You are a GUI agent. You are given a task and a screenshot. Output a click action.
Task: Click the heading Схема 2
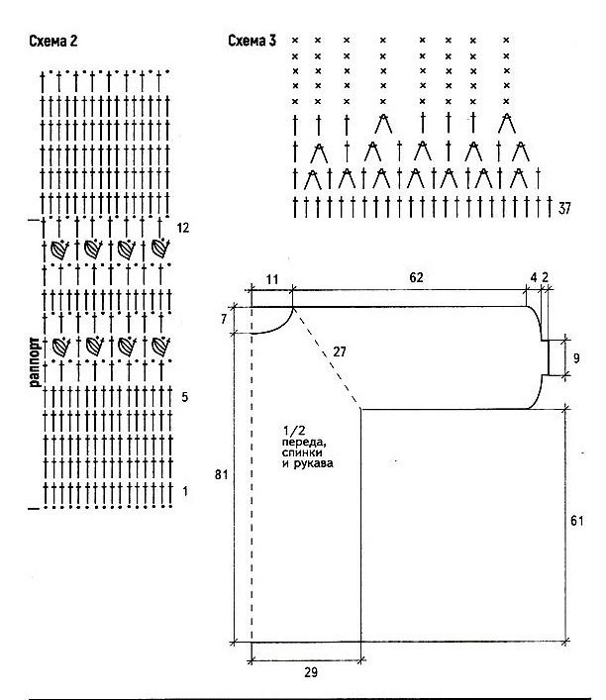pyautogui.click(x=53, y=41)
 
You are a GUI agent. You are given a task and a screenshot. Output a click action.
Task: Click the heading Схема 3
pyautogui.click(x=252, y=41)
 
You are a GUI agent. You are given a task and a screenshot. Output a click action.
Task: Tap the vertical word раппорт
pyautogui.click(x=35, y=361)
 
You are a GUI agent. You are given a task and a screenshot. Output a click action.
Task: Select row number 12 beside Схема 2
pyautogui.click(x=183, y=228)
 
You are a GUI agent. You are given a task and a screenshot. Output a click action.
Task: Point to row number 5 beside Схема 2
pyautogui.click(x=185, y=397)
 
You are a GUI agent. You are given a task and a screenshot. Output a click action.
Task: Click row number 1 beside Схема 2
pyautogui.click(x=185, y=491)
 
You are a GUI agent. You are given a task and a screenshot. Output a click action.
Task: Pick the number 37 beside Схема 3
pyautogui.click(x=564, y=209)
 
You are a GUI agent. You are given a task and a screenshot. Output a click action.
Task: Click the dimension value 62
pyautogui.click(x=416, y=277)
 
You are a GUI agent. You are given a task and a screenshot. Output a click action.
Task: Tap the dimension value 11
pyautogui.click(x=272, y=280)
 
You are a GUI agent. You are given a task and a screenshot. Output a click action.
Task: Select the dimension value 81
pyautogui.click(x=222, y=474)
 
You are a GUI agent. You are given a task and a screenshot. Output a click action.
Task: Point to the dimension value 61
pyautogui.click(x=577, y=521)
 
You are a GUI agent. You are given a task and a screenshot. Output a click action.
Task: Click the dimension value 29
pyautogui.click(x=311, y=672)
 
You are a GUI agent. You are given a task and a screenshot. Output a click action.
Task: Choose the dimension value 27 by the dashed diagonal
pyautogui.click(x=340, y=351)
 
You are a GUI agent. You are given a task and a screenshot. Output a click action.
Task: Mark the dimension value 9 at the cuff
pyautogui.click(x=576, y=358)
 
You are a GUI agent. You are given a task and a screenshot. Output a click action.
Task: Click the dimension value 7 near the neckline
pyautogui.click(x=224, y=319)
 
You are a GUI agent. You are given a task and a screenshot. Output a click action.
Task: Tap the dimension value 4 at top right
pyautogui.click(x=534, y=277)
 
